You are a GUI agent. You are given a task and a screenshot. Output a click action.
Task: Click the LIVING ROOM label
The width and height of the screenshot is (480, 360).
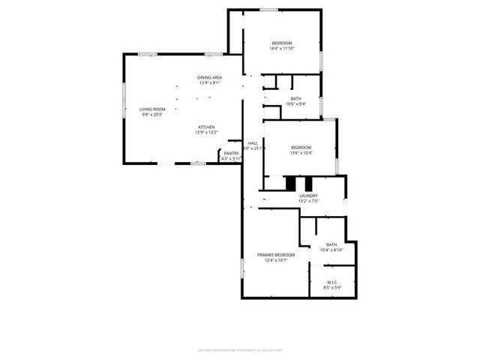(151, 109)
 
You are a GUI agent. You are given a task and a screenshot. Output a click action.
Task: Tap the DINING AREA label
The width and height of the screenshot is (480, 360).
(210, 78)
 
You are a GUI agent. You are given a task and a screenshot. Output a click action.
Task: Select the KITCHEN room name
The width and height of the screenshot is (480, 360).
(207, 127)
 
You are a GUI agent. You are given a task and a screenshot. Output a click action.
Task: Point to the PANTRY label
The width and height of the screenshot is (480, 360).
(231, 154)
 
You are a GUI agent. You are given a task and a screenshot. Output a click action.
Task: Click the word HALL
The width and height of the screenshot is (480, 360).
(253, 143)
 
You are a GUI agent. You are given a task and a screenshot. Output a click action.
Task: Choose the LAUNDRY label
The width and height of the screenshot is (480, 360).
(309, 196)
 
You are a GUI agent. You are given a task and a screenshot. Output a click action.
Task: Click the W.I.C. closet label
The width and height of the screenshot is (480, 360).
(331, 282)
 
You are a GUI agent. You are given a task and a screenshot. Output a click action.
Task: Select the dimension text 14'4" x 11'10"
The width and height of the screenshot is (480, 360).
(282, 48)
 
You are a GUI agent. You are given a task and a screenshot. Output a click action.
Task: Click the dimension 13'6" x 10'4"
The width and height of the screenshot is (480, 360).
(301, 152)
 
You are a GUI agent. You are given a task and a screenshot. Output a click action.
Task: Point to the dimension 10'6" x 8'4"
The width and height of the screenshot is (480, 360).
(296, 104)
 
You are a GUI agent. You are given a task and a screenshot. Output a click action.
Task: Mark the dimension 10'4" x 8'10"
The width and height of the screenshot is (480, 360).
(331, 250)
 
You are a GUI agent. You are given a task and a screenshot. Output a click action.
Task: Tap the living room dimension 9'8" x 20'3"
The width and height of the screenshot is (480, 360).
(151, 115)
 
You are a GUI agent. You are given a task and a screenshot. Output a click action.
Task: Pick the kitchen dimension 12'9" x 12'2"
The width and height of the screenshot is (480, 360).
(207, 133)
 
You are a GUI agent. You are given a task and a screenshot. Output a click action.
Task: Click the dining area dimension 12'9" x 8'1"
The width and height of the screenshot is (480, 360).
(210, 83)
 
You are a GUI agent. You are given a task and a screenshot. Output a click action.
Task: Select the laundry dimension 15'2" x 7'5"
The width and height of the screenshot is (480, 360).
(309, 201)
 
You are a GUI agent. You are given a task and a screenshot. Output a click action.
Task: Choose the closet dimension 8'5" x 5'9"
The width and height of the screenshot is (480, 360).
(331, 287)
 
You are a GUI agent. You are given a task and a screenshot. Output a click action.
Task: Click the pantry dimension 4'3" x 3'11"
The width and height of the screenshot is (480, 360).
(231, 159)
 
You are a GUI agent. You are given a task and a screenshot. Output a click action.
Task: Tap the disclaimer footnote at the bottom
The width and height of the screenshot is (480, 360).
(239, 349)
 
